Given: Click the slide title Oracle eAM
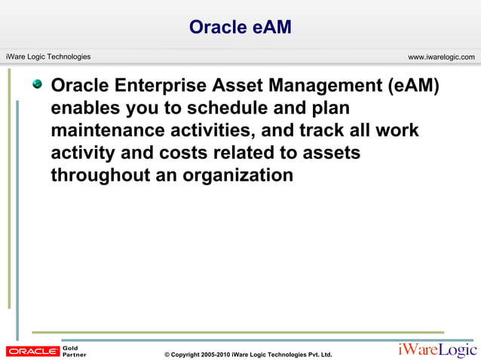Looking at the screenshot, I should (x=240, y=27).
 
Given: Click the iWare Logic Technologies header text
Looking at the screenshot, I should (x=48, y=56).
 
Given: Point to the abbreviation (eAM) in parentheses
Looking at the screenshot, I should (x=413, y=85).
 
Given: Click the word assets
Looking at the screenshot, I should (x=330, y=153).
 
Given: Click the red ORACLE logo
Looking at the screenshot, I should (x=32, y=351).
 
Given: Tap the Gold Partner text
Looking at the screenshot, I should (x=74, y=351).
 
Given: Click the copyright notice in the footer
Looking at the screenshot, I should (x=248, y=354).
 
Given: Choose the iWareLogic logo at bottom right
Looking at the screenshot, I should (x=437, y=350).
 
